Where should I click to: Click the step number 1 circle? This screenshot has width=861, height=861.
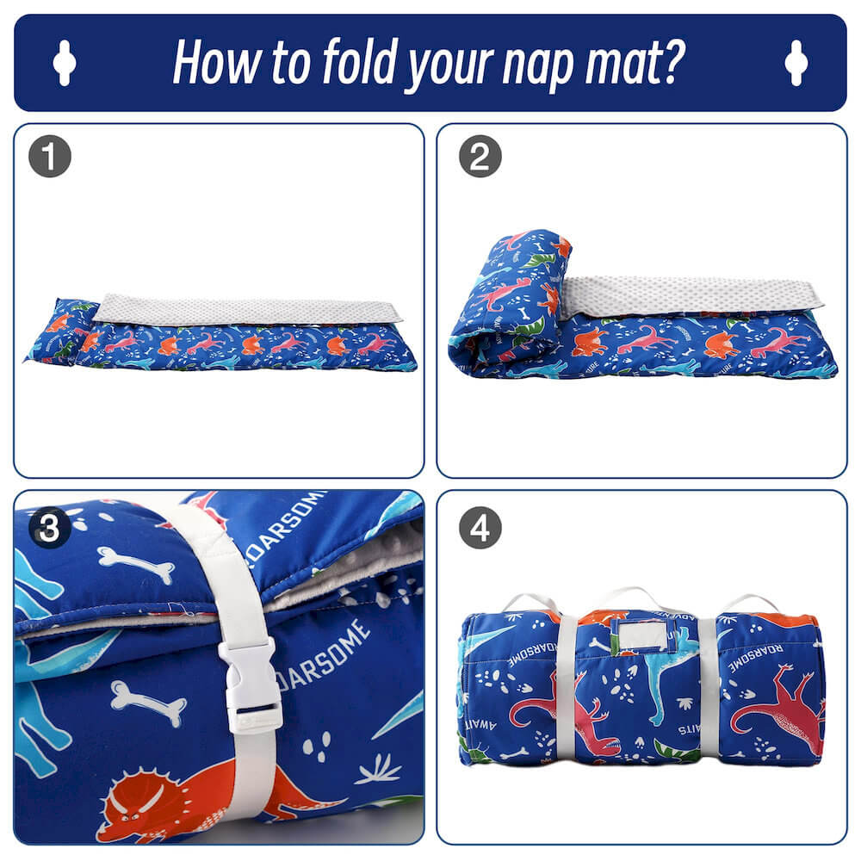pos(49,158)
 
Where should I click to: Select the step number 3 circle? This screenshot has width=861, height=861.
pos(49,528)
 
